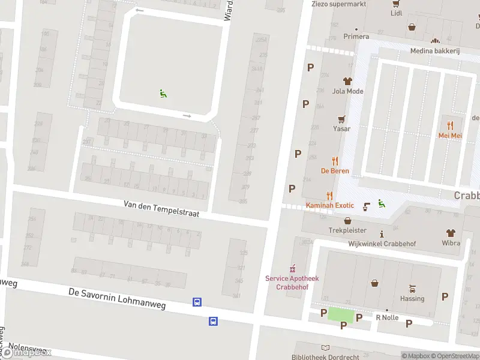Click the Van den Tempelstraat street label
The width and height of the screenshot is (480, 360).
coord(161,208)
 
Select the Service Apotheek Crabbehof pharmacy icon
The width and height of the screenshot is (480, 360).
coord(293,268)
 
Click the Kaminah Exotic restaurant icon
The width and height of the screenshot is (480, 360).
coord(329,195)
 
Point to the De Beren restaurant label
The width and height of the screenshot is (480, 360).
coord(334,171)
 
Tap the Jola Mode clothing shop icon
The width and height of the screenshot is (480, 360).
coord(347,81)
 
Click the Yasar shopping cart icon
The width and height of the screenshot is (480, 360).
coord(342,119)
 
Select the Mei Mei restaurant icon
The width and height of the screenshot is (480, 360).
coord(450,125)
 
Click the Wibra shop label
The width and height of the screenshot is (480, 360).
coord(450,243)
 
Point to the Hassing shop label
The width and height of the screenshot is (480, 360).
coord(412,298)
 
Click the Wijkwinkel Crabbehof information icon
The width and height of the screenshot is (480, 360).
coord(382,233)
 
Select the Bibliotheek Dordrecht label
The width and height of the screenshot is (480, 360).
coord(325,357)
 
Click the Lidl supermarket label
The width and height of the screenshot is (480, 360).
coord(396,13)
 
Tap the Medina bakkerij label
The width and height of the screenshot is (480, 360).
coord(434,51)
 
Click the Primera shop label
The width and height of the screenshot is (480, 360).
coord(356,37)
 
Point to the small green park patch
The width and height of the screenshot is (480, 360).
coord(341,314)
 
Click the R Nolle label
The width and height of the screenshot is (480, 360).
coord(387,317)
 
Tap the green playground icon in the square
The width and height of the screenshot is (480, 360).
coord(163,93)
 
